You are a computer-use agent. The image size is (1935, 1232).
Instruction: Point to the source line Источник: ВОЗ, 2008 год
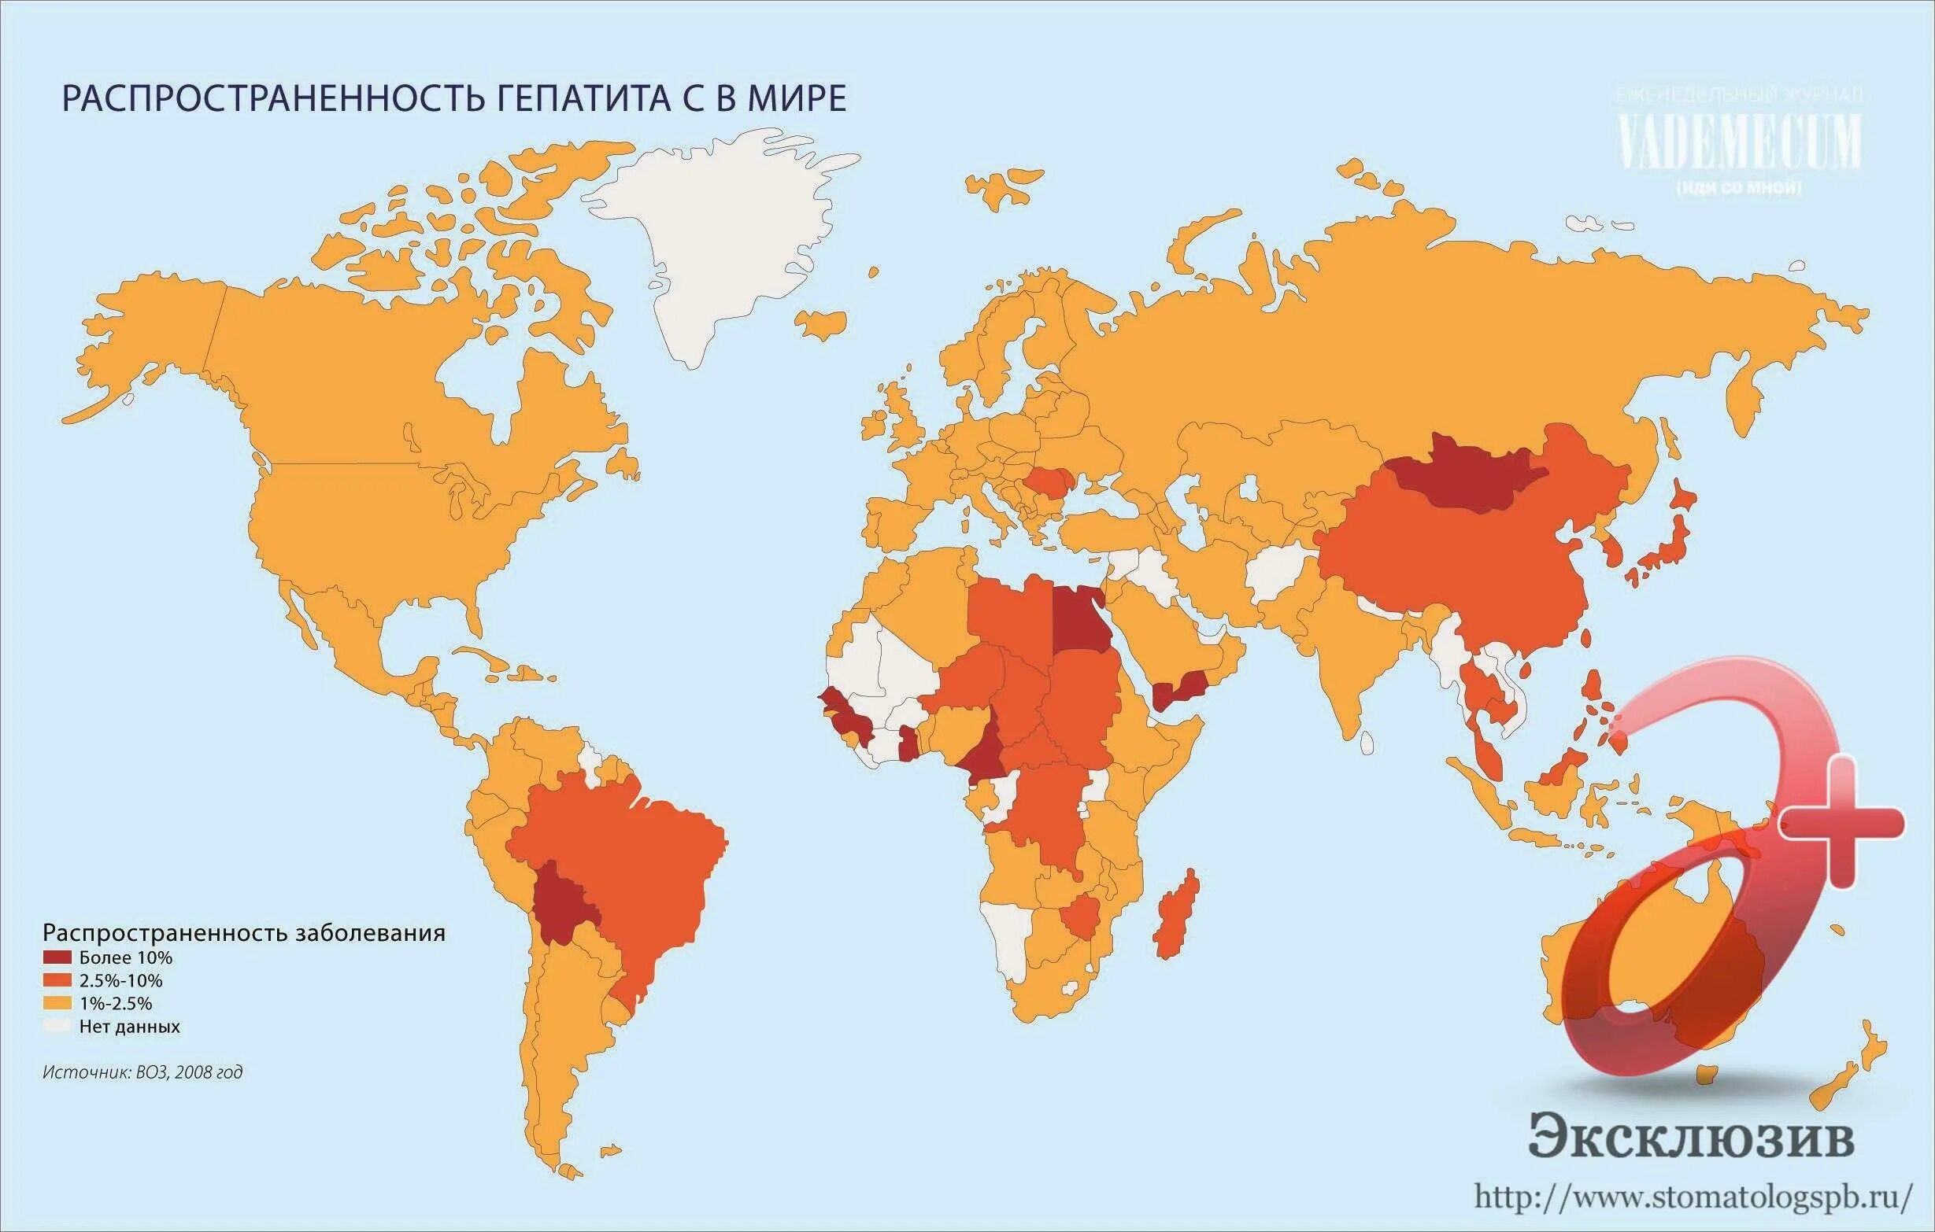coord(142,1072)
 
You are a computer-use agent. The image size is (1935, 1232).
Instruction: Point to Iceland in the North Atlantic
coord(820,321)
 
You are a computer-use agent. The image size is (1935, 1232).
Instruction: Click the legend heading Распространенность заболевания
coord(243,933)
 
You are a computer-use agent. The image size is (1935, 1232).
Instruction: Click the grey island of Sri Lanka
coord(1366,742)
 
